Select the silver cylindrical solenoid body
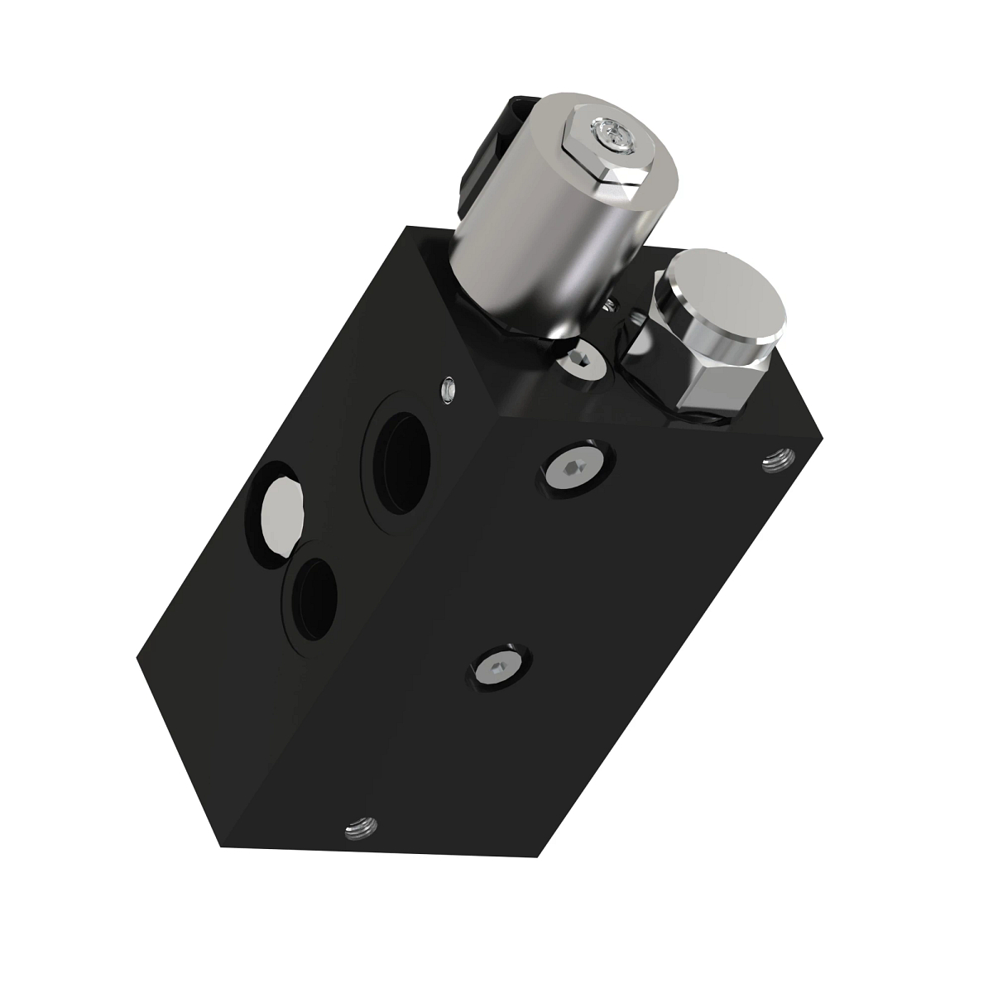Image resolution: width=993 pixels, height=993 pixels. (x=546, y=248)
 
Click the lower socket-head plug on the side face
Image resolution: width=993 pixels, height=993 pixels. (x=498, y=666)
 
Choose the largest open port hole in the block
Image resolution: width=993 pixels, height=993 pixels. (x=403, y=458)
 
